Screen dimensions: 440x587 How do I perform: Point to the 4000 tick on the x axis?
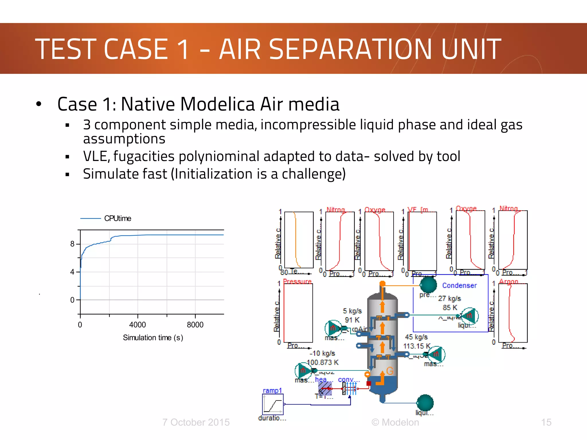[x=138, y=325]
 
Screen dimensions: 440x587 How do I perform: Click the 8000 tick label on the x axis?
[x=195, y=325]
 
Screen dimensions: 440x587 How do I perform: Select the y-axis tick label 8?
[x=72, y=244]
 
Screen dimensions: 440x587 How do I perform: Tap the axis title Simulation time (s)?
[x=153, y=338]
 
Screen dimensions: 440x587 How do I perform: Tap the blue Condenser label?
[x=459, y=285]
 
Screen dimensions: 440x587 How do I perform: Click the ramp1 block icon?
[x=273, y=404]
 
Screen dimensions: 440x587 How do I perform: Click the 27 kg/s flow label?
[x=449, y=298]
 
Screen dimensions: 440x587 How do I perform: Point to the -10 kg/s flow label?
[x=322, y=353]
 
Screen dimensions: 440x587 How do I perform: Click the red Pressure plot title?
[x=297, y=282]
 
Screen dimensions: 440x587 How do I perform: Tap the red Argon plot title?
[x=509, y=282]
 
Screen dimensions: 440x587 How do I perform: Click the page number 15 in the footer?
[x=546, y=422]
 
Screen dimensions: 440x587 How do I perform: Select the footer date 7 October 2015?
[x=196, y=422]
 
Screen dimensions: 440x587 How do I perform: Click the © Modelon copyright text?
[x=395, y=422]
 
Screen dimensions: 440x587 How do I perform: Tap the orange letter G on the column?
[x=390, y=371]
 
